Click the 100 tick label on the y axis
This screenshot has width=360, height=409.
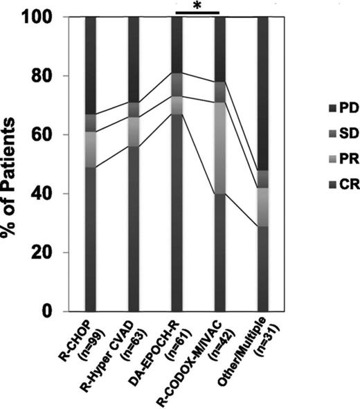[x=45, y=17]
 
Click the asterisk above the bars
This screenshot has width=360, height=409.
[x=197, y=6]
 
